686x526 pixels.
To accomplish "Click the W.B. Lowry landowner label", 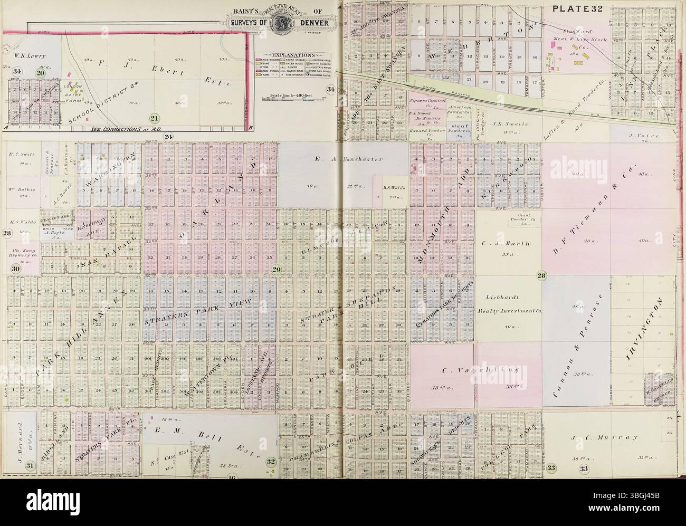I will click(31, 55).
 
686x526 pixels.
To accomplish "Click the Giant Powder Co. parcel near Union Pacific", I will click(460, 129).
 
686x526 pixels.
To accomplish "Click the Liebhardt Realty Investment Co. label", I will click(509, 311).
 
